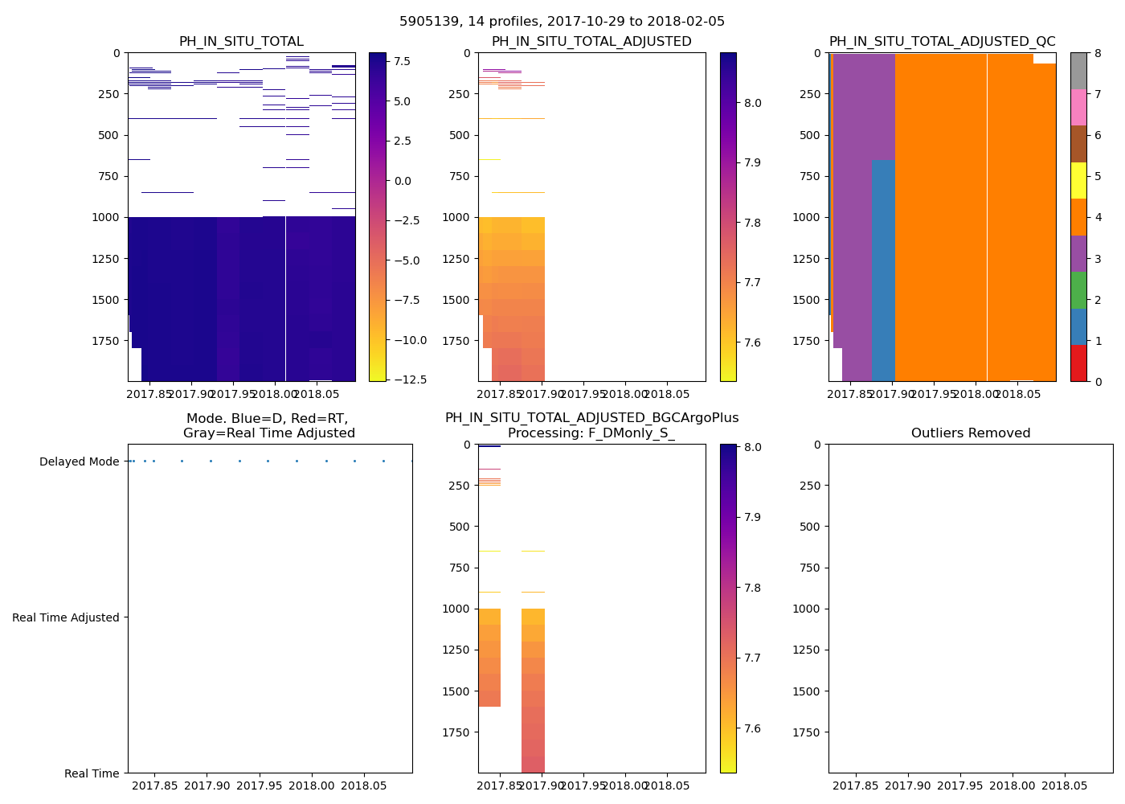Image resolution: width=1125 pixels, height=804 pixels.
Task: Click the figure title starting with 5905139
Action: [x=562, y=22]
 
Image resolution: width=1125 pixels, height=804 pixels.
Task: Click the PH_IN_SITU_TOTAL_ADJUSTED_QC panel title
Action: [x=942, y=42]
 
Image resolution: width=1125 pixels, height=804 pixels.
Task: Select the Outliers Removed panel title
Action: [x=970, y=433]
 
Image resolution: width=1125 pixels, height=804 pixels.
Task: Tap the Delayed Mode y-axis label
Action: [x=79, y=461]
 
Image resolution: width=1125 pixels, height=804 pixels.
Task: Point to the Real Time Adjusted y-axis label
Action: [x=66, y=617]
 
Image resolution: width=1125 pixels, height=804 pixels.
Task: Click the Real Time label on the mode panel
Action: [x=92, y=773]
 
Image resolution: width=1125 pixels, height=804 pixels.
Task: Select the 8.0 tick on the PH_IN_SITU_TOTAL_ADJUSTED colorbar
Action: [x=753, y=103]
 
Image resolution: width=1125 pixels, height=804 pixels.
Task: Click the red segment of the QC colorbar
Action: [x=1078, y=363]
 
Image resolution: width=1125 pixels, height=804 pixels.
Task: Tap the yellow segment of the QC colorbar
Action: [x=1078, y=181]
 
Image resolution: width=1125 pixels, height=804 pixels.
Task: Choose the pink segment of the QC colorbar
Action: [x=1078, y=107]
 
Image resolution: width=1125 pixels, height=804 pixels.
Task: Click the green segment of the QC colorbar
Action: [x=1078, y=290]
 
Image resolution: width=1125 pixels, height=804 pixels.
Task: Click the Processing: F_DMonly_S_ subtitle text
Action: [x=591, y=433]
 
